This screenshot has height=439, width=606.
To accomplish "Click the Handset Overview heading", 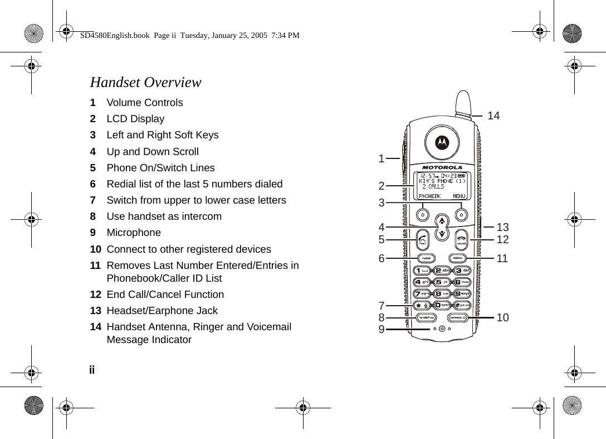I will coord(145,83).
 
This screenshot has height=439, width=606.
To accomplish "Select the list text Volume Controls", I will coord(144,103).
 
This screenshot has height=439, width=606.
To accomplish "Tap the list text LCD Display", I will coord(135,119).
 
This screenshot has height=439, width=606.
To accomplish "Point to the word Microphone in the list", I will coord(134,233).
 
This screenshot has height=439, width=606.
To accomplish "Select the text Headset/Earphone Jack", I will coord(162,311).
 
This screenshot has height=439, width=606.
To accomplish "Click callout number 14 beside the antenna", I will coord(493,115).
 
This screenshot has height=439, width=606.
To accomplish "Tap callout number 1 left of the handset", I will coord(382,158).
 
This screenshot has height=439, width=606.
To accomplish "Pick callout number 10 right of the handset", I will coord(502,317).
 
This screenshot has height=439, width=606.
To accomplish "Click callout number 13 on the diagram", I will coord(502,227).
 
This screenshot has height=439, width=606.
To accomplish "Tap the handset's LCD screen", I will coord(442,186).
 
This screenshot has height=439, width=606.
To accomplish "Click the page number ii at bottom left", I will coord(92,370).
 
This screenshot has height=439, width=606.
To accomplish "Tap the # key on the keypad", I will coord(461,305).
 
